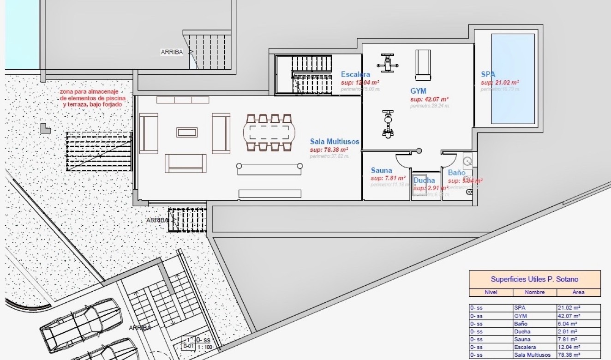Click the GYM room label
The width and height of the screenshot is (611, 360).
coord(418,91)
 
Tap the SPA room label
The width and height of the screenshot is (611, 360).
coord(488,74)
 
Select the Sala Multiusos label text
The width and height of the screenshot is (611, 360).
coord(335,142)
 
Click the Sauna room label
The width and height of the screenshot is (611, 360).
coord(381,170)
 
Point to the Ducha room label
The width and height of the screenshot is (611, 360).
coord(424,180)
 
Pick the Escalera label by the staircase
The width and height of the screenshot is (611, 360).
coord(355,74)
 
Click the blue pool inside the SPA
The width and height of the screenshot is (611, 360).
coord(513,78)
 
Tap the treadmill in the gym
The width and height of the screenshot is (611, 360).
coord(422,65)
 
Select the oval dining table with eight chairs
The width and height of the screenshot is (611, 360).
coord(270,132)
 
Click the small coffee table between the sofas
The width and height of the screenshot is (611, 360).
coord(186,132)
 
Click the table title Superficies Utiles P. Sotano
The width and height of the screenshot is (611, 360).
coord(534,279)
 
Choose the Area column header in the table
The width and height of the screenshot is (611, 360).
coord(578,292)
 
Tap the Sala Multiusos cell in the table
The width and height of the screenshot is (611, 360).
coord(532,355)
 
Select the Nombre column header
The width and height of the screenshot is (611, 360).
coord(534,292)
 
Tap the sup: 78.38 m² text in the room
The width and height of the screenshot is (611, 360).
coord(329,150)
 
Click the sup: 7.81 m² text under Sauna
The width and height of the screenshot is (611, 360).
coord(388,178)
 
